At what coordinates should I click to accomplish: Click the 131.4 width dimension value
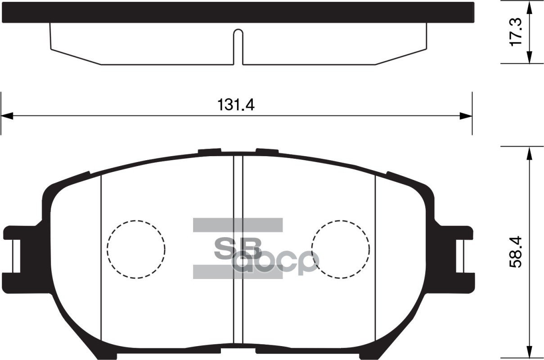pos(236,105)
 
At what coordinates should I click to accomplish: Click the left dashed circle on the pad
pos(136,249)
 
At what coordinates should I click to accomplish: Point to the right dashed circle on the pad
pos(341,249)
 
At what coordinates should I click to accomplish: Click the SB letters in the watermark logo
pos(238,248)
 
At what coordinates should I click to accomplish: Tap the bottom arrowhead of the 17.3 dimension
pos(529,57)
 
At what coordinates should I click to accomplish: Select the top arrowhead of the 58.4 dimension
pos(529,153)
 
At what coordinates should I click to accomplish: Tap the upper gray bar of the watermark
pos(238,225)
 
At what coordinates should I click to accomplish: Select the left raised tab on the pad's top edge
pos(210,151)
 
